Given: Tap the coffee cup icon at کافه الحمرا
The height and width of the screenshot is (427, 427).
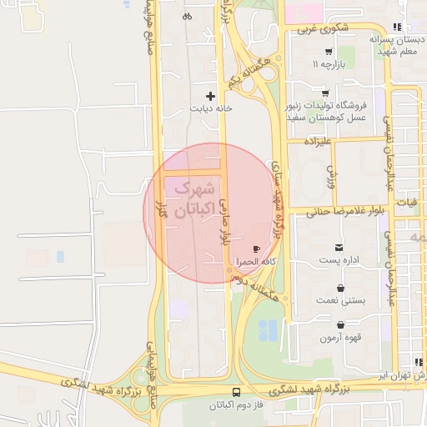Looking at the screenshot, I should [257, 249].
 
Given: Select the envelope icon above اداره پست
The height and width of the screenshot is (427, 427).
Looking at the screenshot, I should [339, 248].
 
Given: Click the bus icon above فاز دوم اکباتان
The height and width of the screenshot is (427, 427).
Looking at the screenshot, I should [236, 392].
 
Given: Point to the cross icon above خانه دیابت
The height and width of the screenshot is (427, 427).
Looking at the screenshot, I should [210, 96].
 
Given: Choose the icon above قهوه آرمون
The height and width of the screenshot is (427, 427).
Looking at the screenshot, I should [340, 325].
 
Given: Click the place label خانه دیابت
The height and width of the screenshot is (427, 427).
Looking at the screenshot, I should [210, 108].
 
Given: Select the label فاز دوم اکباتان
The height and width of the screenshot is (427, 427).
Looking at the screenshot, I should [236, 405].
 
